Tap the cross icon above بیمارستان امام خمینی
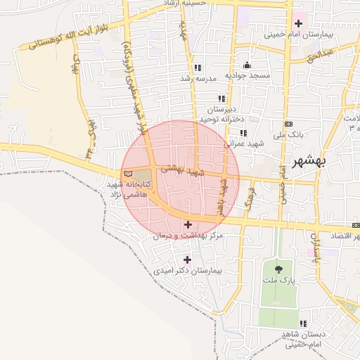pos(298,23)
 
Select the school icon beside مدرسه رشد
pos(198,68)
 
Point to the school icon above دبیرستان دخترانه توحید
pos(222,98)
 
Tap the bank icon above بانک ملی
pos(244,132)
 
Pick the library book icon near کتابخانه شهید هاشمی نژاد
pos(127,173)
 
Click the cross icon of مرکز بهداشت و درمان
pos(187,224)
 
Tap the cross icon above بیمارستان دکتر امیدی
pos(187,260)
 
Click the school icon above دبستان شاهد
pos(302,324)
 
